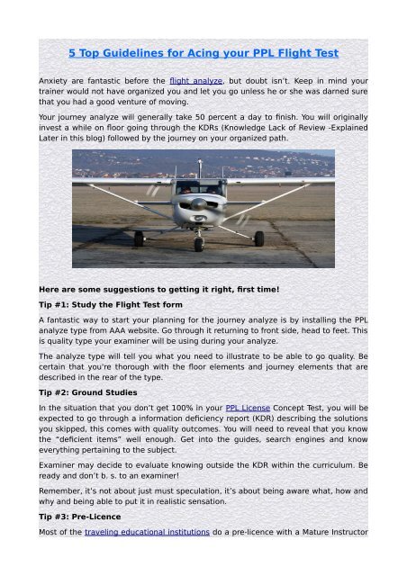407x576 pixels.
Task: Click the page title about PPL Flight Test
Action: [203, 53]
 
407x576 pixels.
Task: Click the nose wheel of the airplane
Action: [199, 243]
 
